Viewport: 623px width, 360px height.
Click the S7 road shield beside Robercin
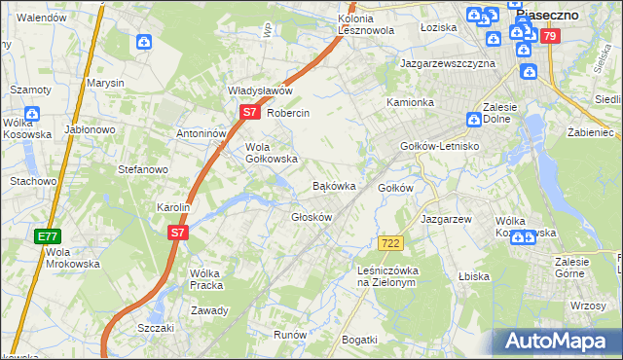point(249,113)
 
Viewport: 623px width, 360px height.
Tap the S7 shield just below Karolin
point(176,233)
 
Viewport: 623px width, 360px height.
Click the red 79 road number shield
point(551,37)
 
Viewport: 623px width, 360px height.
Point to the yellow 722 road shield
point(390,242)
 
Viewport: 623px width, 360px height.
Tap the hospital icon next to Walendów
point(144,42)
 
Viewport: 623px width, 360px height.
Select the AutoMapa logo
point(556,341)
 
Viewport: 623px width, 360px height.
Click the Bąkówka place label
point(333,185)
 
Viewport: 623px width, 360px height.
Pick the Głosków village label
point(311,216)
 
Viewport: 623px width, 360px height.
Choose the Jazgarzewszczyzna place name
point(448,63)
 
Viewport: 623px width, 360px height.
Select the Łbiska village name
point(473,276)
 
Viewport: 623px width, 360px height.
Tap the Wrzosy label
point(589,306)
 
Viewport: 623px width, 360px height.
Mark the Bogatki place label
point(359,339)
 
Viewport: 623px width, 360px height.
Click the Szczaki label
point(156,328)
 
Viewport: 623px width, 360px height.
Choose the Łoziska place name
point(438,27)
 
